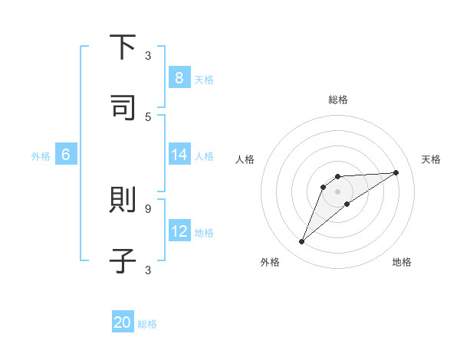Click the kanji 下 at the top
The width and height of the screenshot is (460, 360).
click(123, 48)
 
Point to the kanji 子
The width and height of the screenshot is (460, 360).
click(123, 260)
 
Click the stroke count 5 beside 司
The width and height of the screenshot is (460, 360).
click(148, 116)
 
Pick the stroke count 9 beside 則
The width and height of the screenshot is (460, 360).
click(148, 208)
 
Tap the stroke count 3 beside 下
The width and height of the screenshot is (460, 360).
click(148, 55)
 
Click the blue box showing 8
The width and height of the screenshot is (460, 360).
click(179, 78)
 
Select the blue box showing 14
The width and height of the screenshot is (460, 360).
click(179, 155)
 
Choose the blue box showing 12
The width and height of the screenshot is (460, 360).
click(179, 231)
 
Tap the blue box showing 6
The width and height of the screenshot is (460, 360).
click(66, 155)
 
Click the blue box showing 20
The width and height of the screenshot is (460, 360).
click(123, 322)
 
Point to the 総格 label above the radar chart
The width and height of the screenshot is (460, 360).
click(338, 100)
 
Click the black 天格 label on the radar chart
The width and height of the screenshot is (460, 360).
click(431, 159)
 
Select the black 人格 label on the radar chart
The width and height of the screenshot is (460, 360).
click(245, 159)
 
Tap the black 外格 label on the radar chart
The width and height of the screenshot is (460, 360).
click(270, 262)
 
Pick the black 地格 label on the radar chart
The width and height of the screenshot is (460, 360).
click(402, 262)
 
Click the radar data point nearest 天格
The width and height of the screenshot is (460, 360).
click(396, 172)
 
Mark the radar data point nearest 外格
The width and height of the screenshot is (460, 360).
click(301, 242)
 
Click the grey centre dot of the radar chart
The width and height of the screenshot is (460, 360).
click(338, 191)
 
